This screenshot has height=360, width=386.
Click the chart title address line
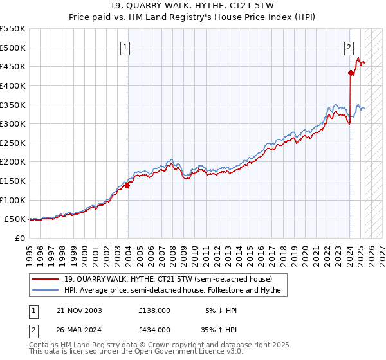click(x=192, y=6)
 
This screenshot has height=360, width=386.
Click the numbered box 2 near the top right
click(x=348, y=46)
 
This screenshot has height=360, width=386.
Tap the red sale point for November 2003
click(x=127, y=185)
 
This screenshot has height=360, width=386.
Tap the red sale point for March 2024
click(x=351, y=73)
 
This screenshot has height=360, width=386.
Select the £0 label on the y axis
click(x=20, y=238)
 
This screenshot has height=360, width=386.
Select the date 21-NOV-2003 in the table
click(x=79, y=310)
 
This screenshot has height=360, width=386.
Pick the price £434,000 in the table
click(x=154, y=329)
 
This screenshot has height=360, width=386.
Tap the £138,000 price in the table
click(x=154, y=310)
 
